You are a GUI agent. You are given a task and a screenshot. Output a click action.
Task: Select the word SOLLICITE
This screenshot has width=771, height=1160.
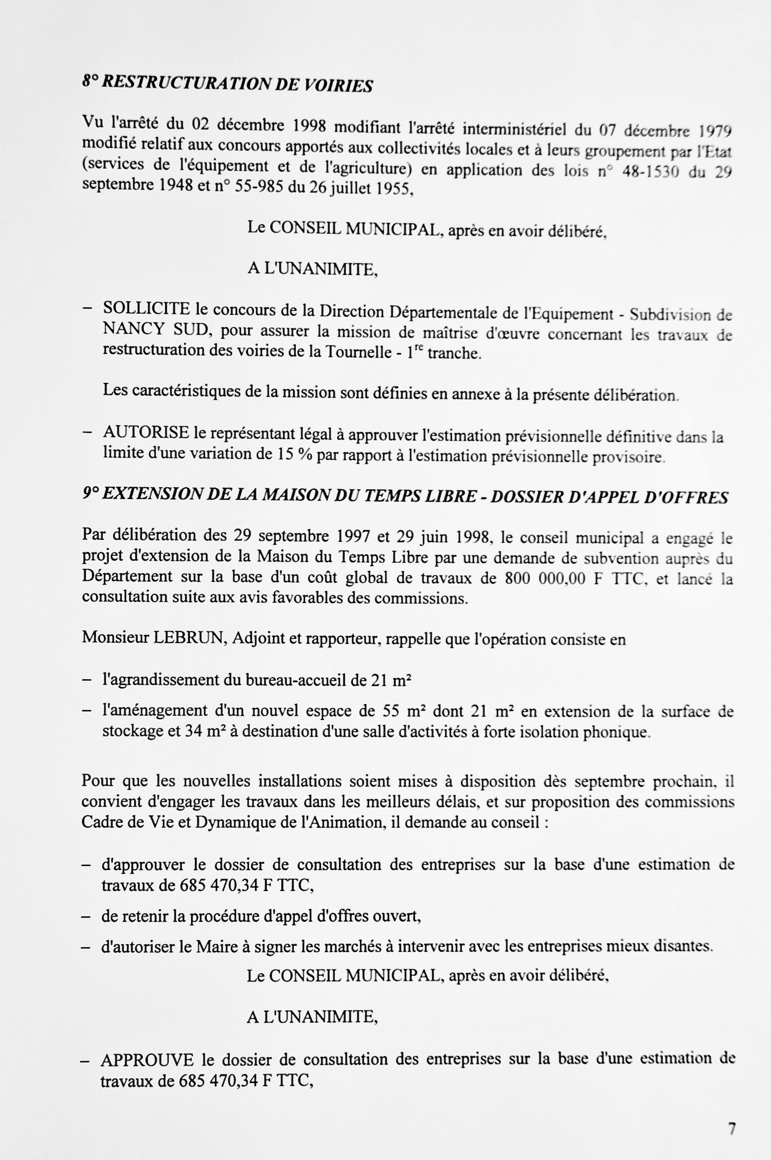[147, 309]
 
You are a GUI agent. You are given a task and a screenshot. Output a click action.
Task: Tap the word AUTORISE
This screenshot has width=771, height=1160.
[146, 433]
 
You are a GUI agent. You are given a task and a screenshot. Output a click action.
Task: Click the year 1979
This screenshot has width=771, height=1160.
[715, 132]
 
